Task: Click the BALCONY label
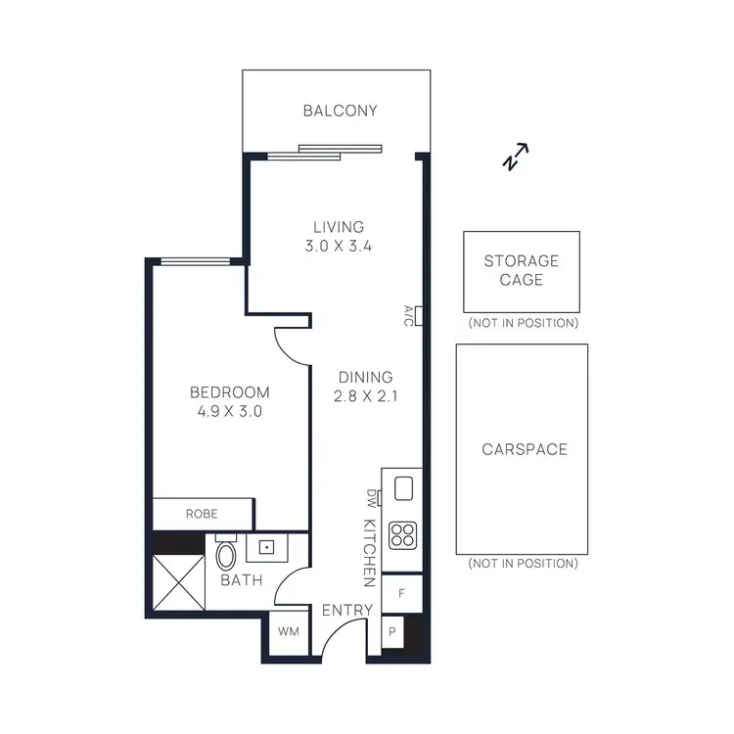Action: [340, 111]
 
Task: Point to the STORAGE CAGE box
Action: [521, 271]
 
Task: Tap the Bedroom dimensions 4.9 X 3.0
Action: [229, 412]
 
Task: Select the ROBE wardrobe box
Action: [202, 513]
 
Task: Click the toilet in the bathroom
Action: [226, 555]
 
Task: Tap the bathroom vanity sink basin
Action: [264, 548]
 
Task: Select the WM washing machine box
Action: [288, 632]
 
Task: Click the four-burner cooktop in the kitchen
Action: [401, 534]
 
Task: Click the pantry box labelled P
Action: [391, 632]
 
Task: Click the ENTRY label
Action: [347, 611]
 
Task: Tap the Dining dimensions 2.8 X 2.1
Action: [365, 396]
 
